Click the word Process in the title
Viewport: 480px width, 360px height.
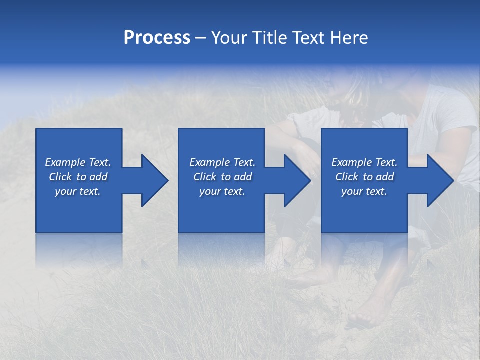[x=157, y=38]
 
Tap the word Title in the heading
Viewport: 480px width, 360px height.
[x=268, y=38]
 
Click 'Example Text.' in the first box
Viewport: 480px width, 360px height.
[x=78, y=162]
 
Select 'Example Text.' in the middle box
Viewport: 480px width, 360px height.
[x=222, y=162]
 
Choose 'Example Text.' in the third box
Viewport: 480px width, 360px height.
[x=364, y=162]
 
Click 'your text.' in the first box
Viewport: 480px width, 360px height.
[x=78, y=191]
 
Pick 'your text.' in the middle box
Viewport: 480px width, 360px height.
[x=222, y=191]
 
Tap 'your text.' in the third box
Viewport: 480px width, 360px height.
[x=364, y=191]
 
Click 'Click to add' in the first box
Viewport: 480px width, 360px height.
[x=78, y=177]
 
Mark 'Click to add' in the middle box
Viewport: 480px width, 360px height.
[x=222, y=177]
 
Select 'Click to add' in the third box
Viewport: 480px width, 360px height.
[x=364, y=177]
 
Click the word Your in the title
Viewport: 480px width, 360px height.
[x=228, y=38]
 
